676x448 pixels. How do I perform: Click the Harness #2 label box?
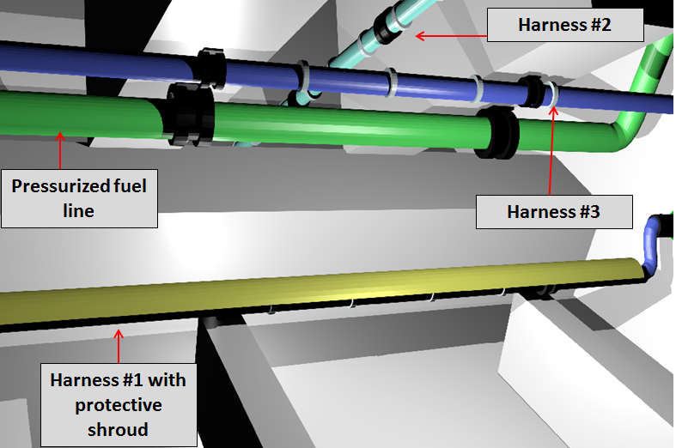click(565, 25)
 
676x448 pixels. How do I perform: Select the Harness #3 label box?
click(554, 212)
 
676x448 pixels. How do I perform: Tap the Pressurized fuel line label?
click(79, 198)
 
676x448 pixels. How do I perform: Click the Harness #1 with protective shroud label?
click(119, 405)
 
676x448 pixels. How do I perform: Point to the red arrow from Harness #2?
click(451, 36)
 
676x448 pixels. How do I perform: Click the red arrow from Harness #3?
click(551, 151)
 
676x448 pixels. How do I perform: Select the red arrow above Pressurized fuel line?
click(60, 150)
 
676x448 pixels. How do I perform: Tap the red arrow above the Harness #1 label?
click(119, 347)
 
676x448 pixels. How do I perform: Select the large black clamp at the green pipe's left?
click(191, 114)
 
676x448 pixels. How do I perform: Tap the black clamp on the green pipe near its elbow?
click(497, 133)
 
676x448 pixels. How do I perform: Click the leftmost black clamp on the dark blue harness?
click(210, 68)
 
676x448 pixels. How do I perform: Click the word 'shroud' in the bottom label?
click(119, 430)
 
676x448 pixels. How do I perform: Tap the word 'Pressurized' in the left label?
click(59, 186)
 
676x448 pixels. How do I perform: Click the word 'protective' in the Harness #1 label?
click(119, 405)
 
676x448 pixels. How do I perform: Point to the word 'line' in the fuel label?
click(78, 211)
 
